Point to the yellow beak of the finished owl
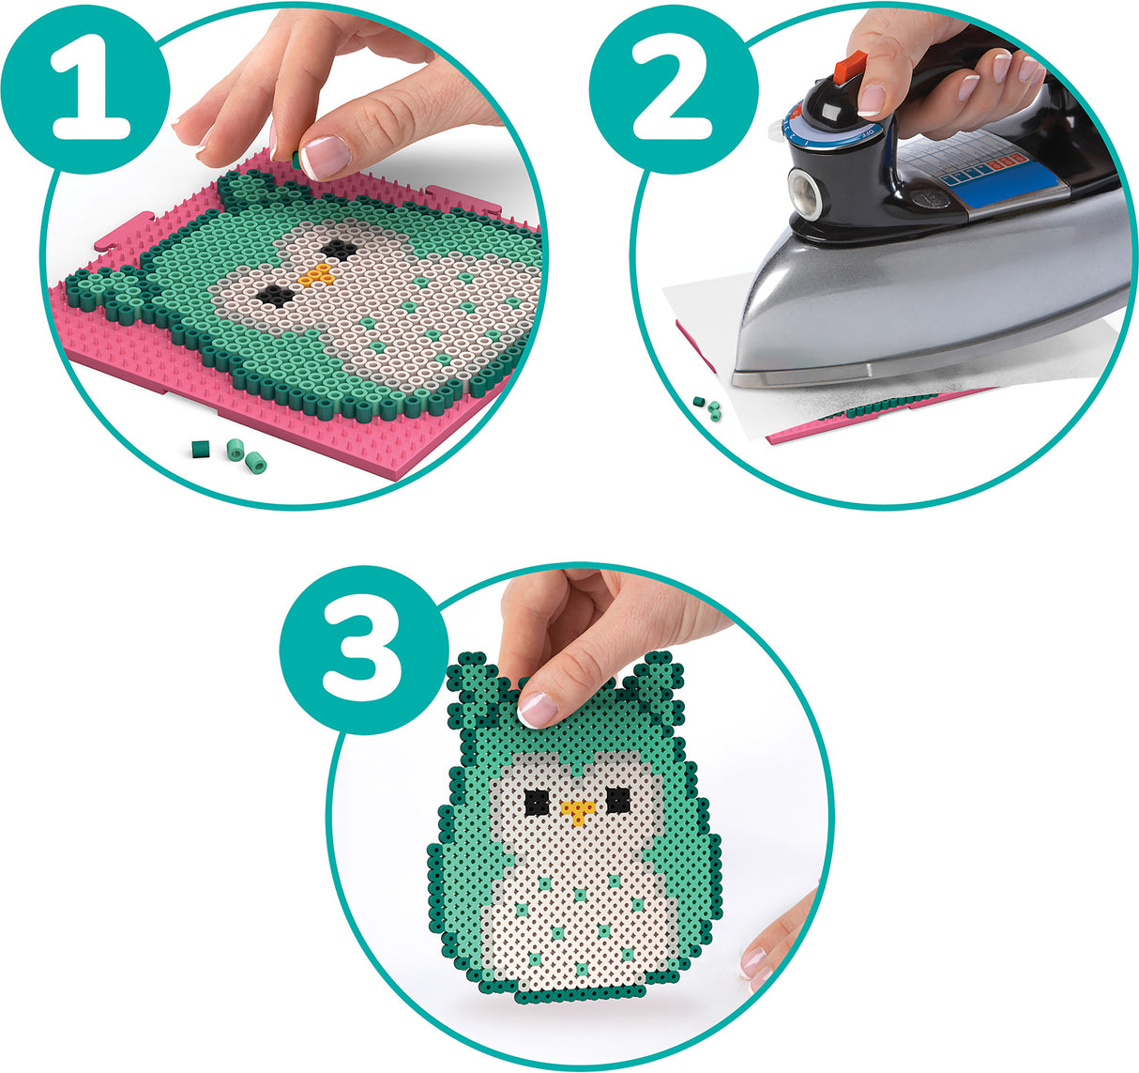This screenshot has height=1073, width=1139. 576,810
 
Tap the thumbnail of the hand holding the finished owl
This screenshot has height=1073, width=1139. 538,709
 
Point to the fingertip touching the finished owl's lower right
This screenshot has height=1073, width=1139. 757,959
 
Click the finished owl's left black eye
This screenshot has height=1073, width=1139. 535,803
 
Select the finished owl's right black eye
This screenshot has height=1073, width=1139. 617,801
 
